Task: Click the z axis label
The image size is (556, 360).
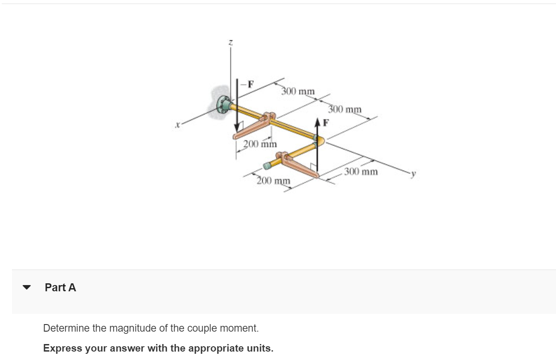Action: (x=230, y=43)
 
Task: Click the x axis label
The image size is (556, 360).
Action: (x=177, y=126)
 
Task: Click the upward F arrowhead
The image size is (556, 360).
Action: (x=318, y=122)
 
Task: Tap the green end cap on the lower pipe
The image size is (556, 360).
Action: (x=267, y=166)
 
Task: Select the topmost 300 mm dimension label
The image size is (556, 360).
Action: (x=298, y=91)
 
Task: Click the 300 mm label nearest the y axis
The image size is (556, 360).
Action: (x=361, y=171)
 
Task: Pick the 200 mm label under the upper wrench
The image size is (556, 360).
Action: (x=260, y=144)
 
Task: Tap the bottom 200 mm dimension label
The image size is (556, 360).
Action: (x=274, y=180)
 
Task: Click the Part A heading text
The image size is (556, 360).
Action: (x=60, y=288)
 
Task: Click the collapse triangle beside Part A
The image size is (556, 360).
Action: (x=27, y=287)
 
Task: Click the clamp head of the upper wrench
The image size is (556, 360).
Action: (x=268, y=117)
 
